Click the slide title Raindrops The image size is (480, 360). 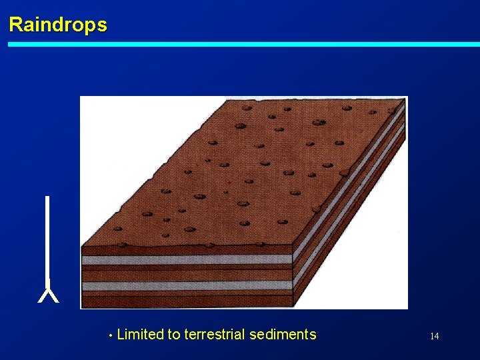(x=57, y=25)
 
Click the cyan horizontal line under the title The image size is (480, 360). (x=243, y=45)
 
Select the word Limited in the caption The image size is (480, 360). (x=140, y=335)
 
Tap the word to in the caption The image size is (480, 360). (x=174, y=335)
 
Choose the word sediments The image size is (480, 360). (x=283, y=335)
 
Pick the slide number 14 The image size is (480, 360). (x=434, y=336)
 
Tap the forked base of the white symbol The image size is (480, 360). (x=48, y=295)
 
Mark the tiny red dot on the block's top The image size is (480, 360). (x=229, y=181)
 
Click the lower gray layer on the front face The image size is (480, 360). (x=187, y=285)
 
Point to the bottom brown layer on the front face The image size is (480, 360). (x=187, y=299)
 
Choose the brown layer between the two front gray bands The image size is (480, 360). (x=187, y=274)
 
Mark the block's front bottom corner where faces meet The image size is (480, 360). (x=293, y=307)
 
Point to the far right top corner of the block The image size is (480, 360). (x=405, y=100)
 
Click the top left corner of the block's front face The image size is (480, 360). (x=82, y=247)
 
